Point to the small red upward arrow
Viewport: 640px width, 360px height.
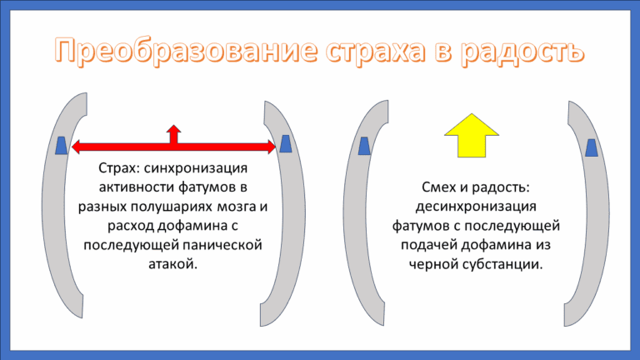(173, 133)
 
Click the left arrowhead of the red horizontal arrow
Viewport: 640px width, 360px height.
(77, 147)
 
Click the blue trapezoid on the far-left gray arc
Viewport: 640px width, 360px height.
(62, 145)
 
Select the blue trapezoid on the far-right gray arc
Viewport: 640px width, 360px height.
(591, 147)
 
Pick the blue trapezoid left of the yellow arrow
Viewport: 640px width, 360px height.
(364, 147)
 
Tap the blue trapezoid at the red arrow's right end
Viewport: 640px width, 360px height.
(285, 144)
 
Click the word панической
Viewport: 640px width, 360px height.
(226, 245)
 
